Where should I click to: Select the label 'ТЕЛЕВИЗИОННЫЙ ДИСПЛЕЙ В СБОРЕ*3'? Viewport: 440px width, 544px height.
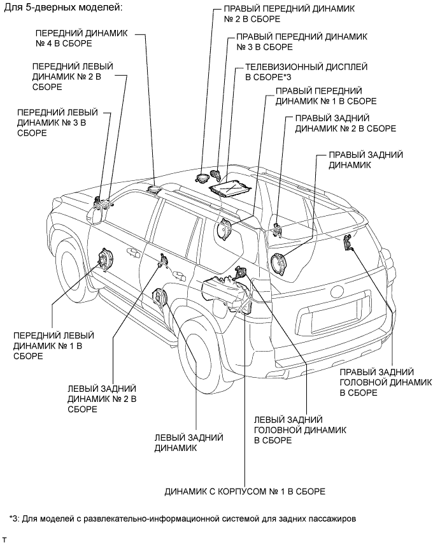(283, 72)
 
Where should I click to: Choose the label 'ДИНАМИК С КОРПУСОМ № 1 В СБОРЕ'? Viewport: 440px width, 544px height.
(245, 492)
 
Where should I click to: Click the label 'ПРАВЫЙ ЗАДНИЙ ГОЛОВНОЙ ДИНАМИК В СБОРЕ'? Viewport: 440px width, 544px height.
(377, 382)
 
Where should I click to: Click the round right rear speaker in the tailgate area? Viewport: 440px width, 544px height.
(277, 263)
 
